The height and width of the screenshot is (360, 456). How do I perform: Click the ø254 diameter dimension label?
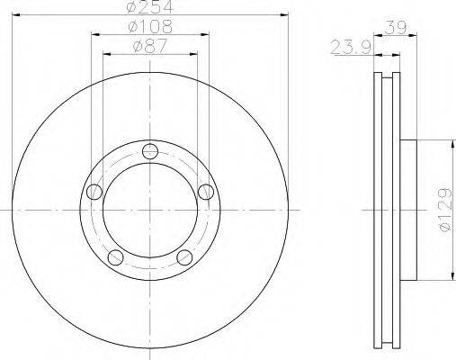click(150, 6)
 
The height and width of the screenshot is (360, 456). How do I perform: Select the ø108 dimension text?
click(150, 26)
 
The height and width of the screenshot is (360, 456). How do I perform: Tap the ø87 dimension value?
click(150, 46)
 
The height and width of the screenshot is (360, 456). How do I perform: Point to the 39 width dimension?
click(396, 27)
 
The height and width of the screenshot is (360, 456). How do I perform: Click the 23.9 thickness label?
click(351, 47)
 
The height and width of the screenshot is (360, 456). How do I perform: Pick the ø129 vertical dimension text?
click(444, 210)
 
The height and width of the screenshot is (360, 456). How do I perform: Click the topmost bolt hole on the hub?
click(150, 151)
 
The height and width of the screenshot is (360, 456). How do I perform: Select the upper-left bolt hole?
click(94, 192)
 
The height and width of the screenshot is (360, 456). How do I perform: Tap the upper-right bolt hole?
click(206, 192)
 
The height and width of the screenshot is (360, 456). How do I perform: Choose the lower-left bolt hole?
click(115, 257)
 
